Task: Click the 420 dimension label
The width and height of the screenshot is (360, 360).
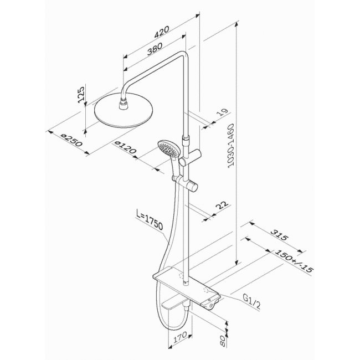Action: pyautogui.click(x=162, y=32)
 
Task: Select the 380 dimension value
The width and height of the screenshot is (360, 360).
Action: pyautogui.click(x=155, y=49)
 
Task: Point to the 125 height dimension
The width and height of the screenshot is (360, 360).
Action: pyautogui.click(x=81, y=94)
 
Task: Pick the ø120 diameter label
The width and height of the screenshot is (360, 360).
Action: pyautogui.click(x=125, y=147)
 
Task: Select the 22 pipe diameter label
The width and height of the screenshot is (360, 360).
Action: pyautogui.click(x=222, y=205)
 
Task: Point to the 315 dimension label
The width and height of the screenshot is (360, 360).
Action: pyautogui.click(x=279, y=234)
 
